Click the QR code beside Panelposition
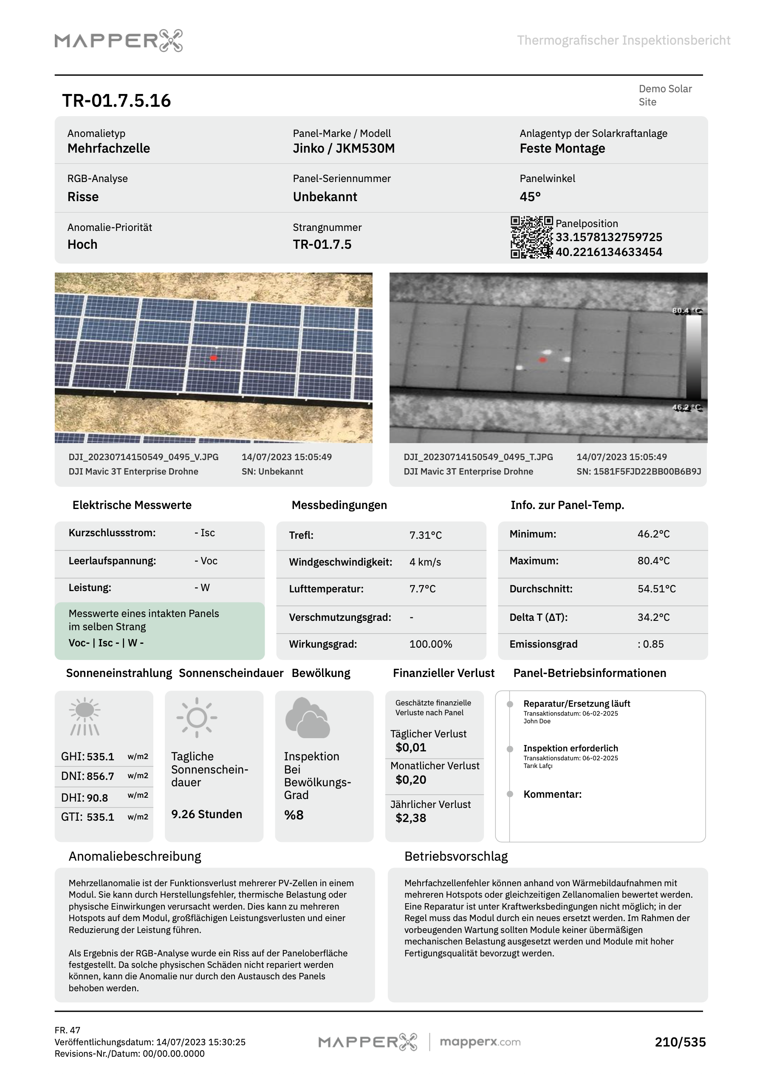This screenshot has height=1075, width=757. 531,237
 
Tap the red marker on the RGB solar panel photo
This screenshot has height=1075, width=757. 214,358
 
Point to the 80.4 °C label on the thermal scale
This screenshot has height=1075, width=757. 686,310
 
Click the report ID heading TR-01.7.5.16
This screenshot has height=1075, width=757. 116,101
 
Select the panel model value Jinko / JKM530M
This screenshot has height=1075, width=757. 343,148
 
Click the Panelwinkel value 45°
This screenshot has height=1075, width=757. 530,196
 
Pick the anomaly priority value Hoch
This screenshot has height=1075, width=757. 82,245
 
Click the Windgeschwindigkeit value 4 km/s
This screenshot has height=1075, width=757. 425,562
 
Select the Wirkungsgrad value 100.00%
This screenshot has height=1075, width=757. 430,644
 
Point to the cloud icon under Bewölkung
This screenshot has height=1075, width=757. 308,717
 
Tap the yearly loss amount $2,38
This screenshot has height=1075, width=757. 410,818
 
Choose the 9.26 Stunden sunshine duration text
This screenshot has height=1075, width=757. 206,814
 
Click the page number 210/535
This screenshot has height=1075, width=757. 680,1042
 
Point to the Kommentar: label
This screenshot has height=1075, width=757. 552,794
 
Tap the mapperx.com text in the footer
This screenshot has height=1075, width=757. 480,1042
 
